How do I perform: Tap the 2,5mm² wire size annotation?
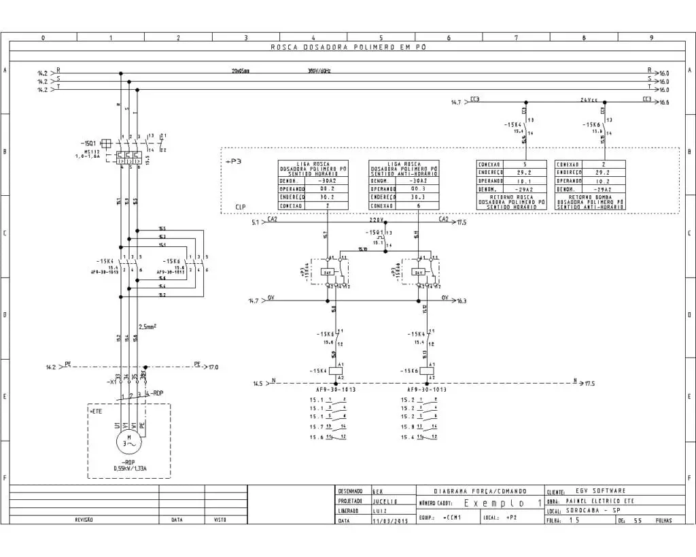147,326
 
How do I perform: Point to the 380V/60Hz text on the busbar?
319,71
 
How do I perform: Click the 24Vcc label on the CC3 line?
589,100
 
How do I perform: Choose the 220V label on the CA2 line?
377,220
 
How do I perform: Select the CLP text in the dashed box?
241,206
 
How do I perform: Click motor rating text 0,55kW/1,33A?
133,468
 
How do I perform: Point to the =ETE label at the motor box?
96,411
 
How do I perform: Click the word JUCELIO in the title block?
384,501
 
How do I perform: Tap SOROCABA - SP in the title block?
594,510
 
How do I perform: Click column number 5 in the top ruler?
381,38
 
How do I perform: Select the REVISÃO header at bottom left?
84,520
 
